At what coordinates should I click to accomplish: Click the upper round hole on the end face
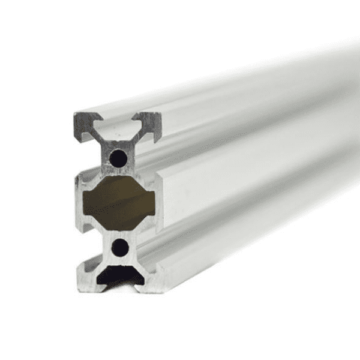tap(119, 158)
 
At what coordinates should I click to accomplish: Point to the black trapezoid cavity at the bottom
tap(120, 275)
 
